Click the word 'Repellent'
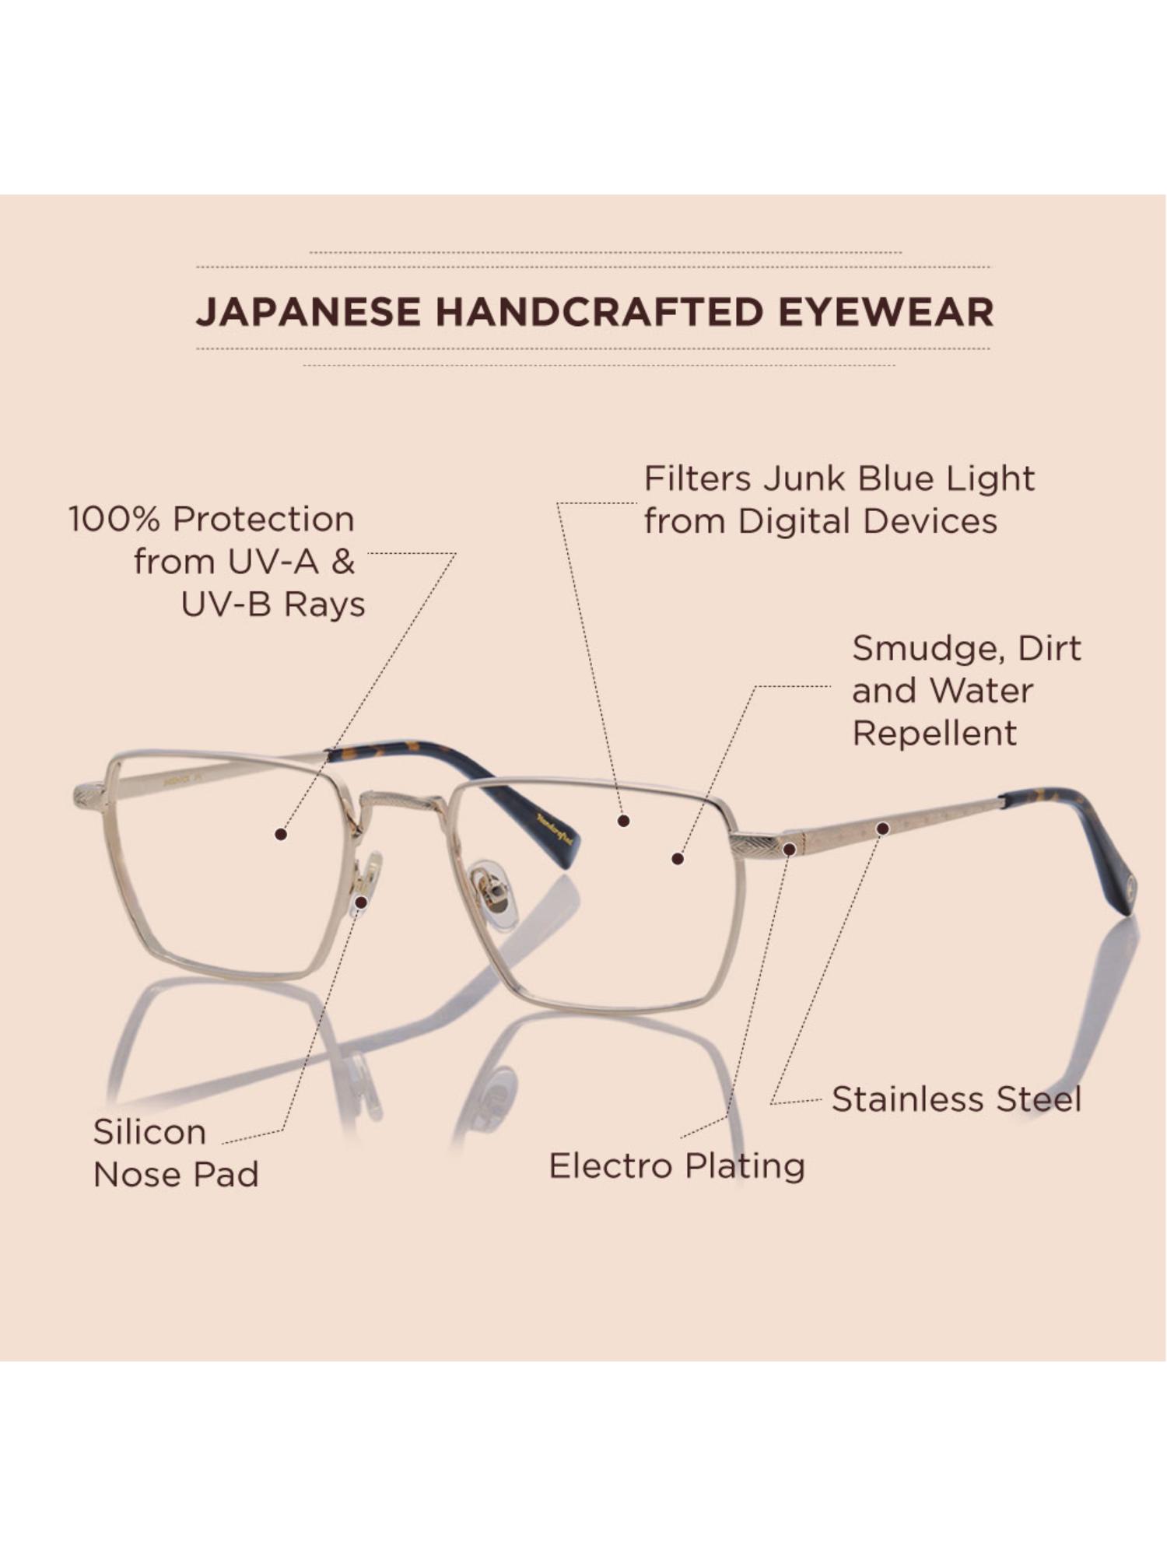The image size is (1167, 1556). (934, 733)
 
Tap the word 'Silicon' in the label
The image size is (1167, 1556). (149, 1131)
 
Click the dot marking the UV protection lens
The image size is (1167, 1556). (281, 834)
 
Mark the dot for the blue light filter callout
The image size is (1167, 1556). (623, 820)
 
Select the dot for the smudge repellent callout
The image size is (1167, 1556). (678, 859)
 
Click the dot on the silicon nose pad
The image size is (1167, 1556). (361, 902)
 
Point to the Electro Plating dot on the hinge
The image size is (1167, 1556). (789, 849)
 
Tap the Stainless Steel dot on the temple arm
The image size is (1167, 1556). (882, 829)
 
